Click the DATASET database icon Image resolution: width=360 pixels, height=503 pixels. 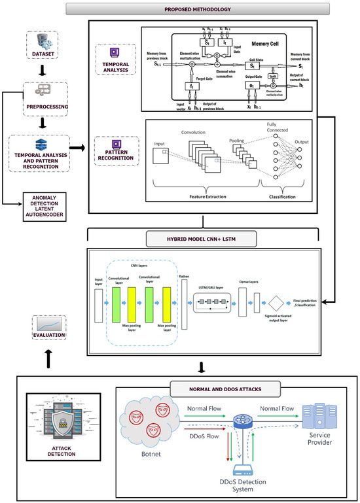[x=45, y=41]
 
